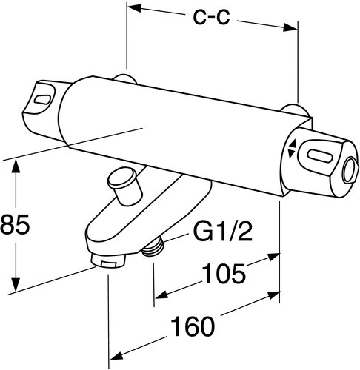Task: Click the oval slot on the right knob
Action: point(318,158)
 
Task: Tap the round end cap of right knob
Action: point(347,169)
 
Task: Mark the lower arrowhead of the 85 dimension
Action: point(16,289)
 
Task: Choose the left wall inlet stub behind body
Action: point(127,80)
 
